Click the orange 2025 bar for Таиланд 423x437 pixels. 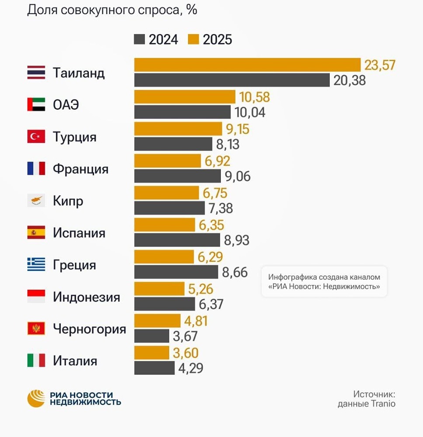[247, 65]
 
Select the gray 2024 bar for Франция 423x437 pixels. [178, 176]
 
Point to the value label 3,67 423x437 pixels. [185, 336]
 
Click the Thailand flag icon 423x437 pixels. [36, 73]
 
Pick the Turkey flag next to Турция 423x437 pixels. [36, 137]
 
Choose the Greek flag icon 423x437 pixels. [36, 265]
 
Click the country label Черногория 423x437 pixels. [89, 329]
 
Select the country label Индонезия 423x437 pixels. [86, 297]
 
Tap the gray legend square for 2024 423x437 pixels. [139, 40]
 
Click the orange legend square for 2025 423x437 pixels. [193, 40]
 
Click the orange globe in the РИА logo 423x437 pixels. [36, 398]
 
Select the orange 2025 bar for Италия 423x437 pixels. [151, 353]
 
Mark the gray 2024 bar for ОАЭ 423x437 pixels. [182, 112]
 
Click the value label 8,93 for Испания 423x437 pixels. [236, 240]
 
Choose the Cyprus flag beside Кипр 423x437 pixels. [36, 201]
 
